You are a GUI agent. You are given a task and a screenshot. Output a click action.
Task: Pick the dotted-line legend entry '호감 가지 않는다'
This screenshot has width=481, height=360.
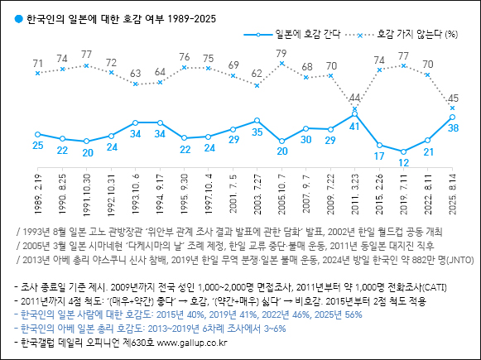411,34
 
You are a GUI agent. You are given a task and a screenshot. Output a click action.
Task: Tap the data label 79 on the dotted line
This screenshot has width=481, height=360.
281,54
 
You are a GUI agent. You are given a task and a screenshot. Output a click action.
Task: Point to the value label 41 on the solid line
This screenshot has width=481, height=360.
354,127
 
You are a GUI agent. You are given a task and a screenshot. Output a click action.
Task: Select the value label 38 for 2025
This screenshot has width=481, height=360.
453,128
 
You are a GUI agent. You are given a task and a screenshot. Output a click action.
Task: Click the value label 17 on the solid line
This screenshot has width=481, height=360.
379,156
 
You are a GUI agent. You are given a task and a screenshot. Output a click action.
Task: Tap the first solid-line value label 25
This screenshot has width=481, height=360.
38,146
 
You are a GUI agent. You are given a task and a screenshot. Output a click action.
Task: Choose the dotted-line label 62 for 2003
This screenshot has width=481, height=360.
257,74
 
